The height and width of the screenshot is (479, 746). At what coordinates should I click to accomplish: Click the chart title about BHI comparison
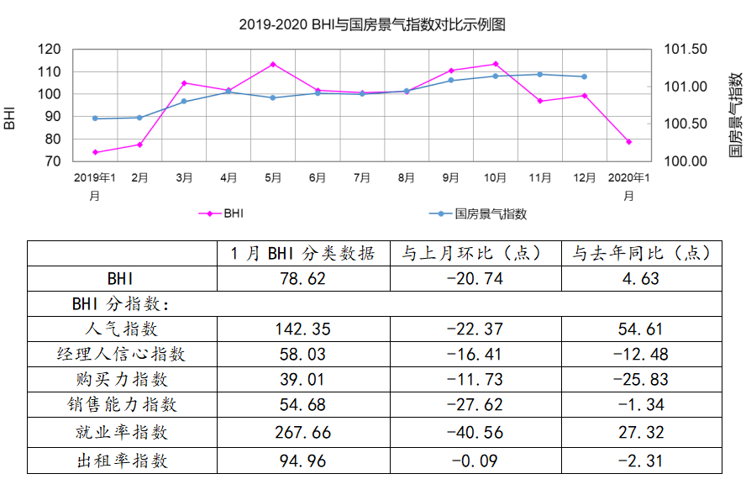click(372, 25)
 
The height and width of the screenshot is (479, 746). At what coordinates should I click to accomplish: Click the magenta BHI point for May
click(273, 64)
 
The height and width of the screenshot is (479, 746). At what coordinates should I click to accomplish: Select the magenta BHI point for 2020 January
click(628, 142)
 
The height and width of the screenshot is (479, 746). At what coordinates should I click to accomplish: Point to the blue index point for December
click(584, 76)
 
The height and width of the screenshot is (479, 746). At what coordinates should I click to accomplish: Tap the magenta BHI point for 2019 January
click(95, 152)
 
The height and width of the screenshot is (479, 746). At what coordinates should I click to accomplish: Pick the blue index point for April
click(229, 91)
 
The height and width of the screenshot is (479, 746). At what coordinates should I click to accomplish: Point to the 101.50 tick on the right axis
click(686, 50)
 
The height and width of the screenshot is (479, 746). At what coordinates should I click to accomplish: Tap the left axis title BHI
click(10, 118)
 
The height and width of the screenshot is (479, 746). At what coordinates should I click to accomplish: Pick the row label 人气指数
click(121, 329)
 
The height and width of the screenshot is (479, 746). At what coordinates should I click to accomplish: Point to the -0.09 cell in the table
click(475, 461)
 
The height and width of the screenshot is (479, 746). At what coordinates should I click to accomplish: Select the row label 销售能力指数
click(121, 405)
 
